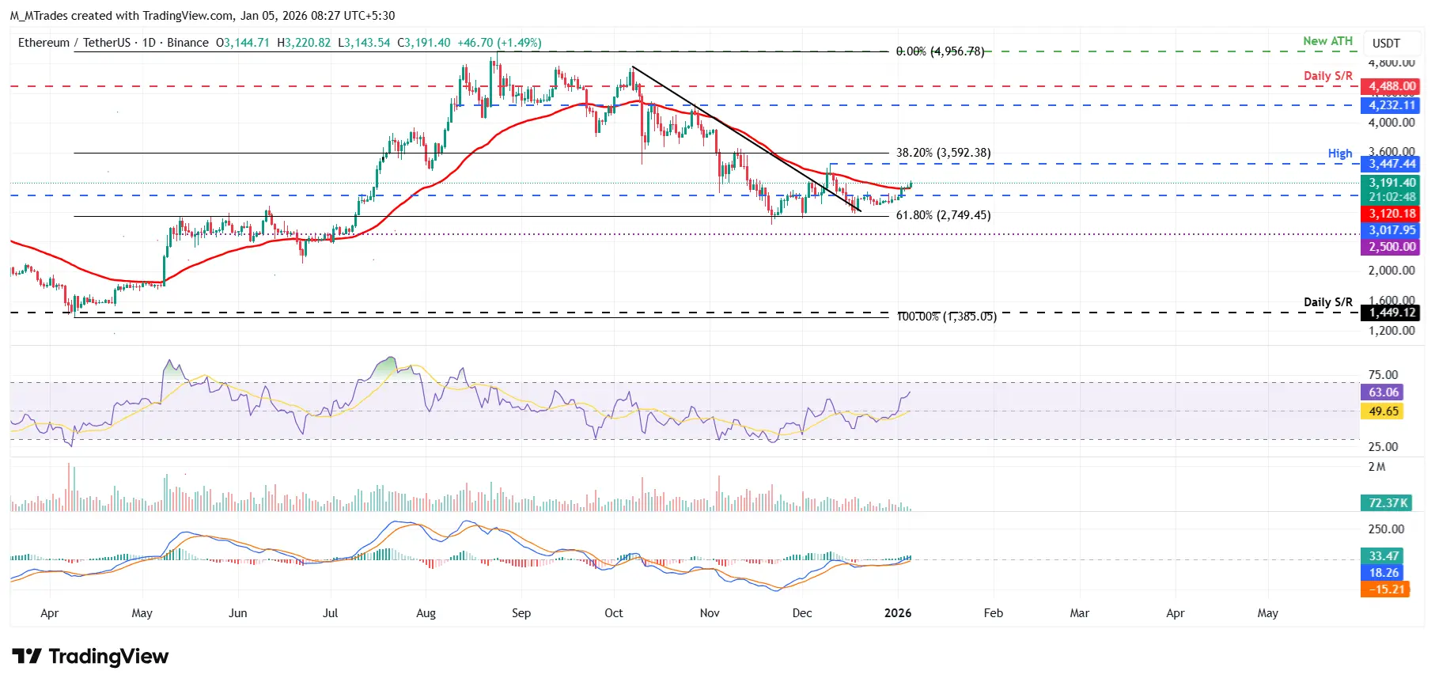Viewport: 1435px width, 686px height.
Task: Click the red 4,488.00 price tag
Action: [x=1391, y=86]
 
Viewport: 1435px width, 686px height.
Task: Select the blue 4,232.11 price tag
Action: [x=1391, y=105]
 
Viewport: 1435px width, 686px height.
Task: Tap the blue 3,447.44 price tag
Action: [x=1391, y=164]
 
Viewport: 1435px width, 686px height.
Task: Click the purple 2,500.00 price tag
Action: [x=1391, y=247]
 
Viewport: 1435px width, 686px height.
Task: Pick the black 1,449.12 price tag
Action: [x=1391, y=313]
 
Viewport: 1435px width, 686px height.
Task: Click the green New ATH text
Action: [x=1327, y=41]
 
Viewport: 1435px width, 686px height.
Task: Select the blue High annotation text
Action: [x=1339, y=153]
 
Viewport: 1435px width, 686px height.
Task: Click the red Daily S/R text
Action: [x=1327, y=76]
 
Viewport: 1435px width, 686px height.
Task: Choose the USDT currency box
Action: [x=1386, y=43]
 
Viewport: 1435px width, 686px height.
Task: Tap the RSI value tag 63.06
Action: [x=1384, y=392]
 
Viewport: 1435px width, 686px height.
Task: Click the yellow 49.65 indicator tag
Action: [x=1384, y=411]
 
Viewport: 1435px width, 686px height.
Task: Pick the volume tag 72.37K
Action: [x=1388, y=503]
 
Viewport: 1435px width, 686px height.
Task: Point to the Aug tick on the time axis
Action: [x=426, y=613]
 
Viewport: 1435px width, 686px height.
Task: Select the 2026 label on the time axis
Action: [x=898, y=613]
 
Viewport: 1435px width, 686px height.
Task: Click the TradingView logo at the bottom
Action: [x=90, y=657]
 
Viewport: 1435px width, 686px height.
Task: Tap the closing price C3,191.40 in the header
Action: [x=424, y=43]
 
